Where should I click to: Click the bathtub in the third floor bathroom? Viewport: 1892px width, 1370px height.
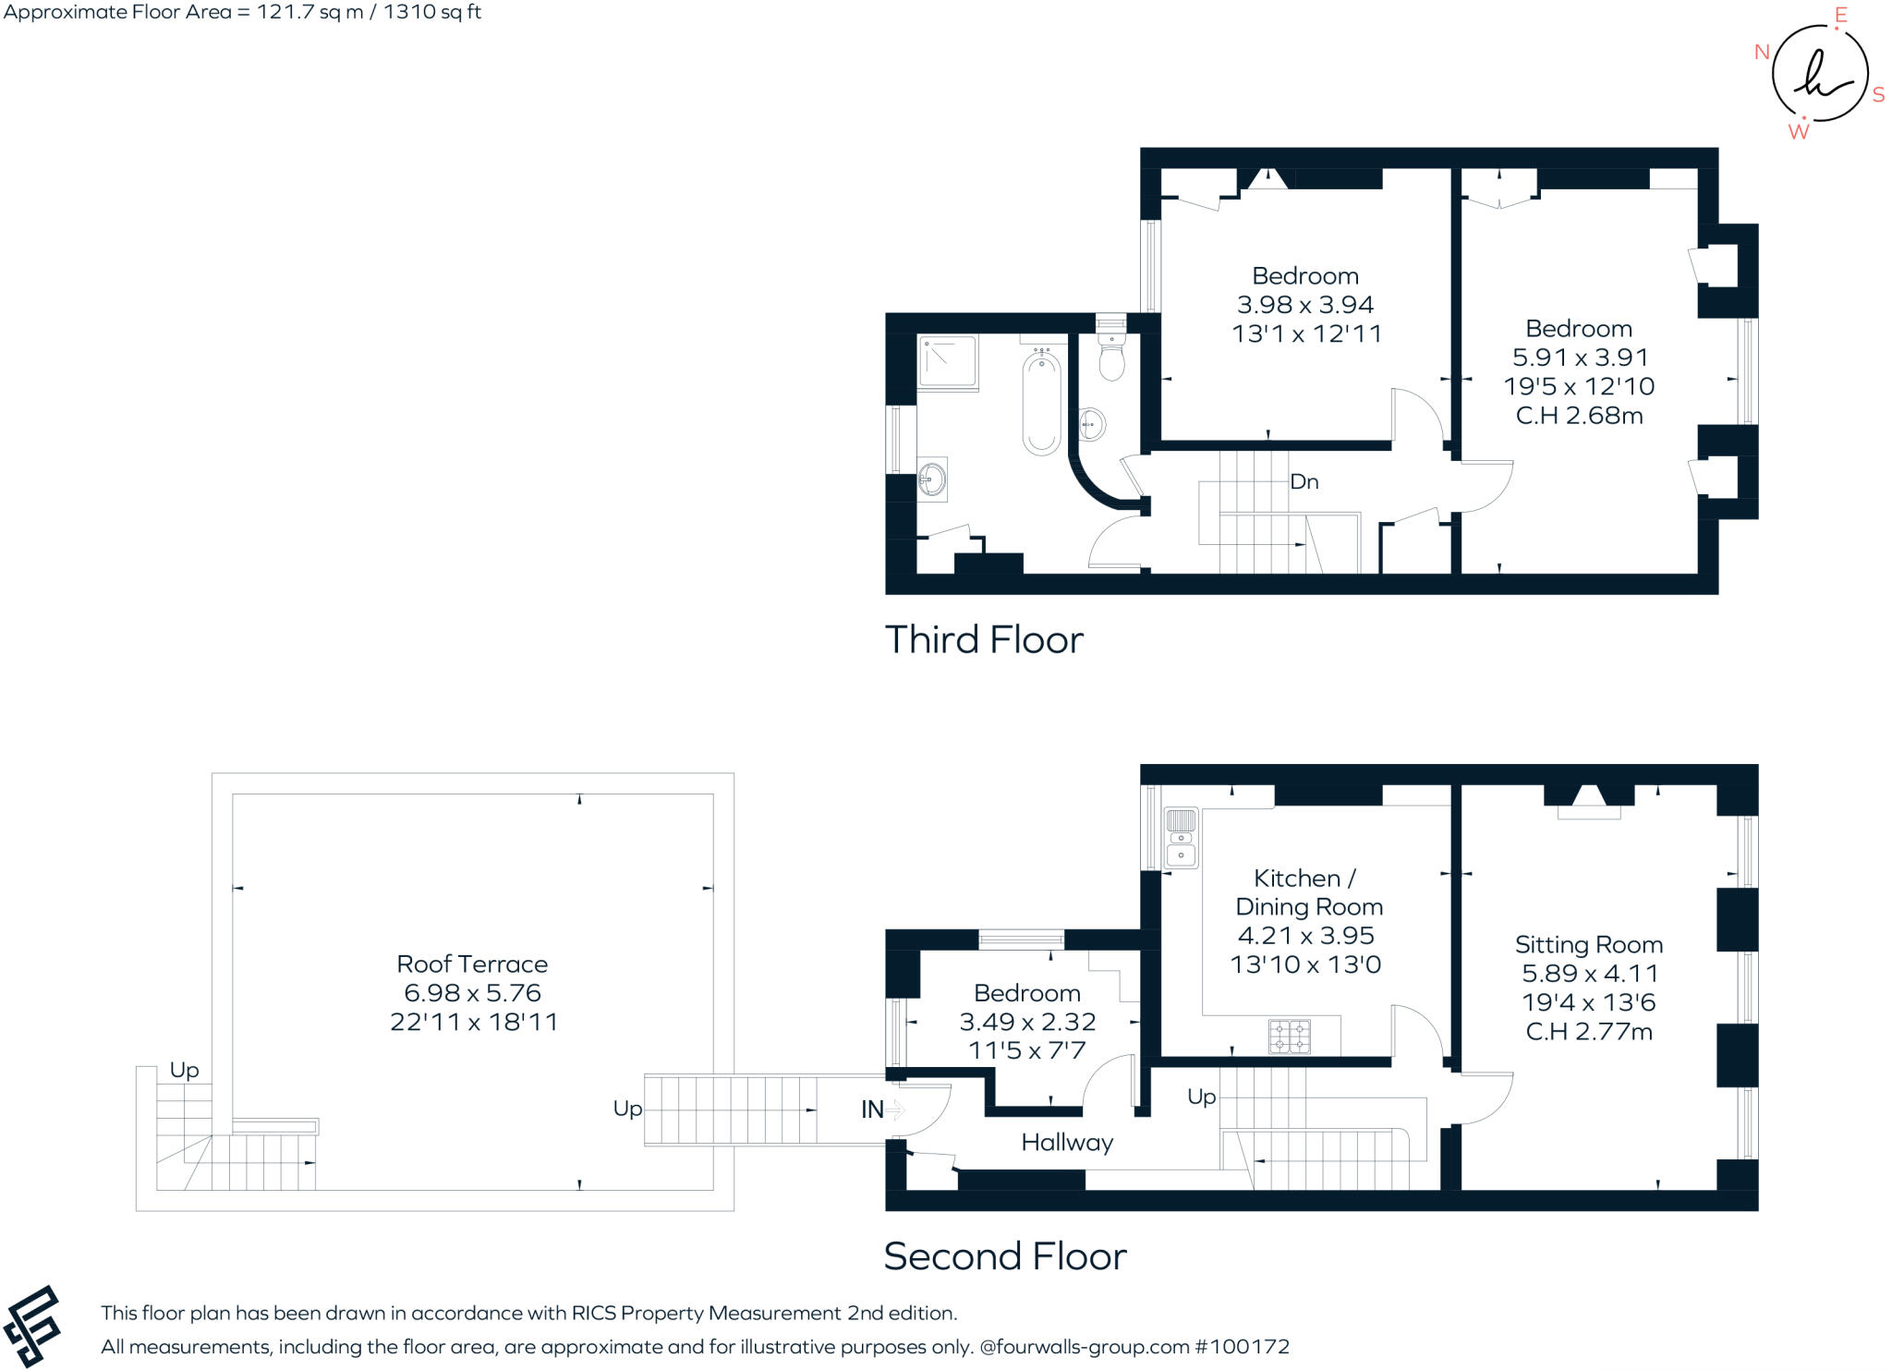click(x=1042, y=404)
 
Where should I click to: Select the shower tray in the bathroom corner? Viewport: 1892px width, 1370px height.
click(x=947, y=362)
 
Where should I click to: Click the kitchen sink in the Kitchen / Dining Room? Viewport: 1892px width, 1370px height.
click(x=1181, y=837)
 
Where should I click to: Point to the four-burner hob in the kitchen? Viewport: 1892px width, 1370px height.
click(x=1289, y=1036)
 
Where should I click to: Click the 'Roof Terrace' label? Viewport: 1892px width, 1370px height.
click(x=472, y=964)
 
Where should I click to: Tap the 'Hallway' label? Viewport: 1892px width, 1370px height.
click(x=1067, y=1143)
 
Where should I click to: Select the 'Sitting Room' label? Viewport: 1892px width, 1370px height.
click(x=1588, y=944)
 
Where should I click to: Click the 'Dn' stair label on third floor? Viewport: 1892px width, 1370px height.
click(x=1304, y=482)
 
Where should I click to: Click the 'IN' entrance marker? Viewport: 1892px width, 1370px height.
click(x=872, y=1109)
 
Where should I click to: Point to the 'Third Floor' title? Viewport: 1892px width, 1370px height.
click(x=984, y=639)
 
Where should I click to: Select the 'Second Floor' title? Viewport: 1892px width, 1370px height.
click(x=1005, y=1256)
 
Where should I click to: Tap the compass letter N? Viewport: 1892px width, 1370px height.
click(x=1762, y=53)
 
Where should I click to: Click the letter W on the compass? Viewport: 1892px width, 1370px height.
click(x=1798, y=132)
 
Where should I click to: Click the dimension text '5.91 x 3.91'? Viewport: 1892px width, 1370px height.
click(x=1580, y=358)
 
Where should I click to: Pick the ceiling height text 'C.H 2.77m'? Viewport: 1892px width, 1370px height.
click(x=1588, y=1032)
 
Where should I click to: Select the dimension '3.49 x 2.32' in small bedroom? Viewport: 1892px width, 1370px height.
click(x=1027, y=1022)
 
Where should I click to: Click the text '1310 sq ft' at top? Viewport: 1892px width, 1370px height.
click(x=432, y=12)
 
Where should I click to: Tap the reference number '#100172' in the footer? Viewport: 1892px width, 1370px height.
click(x=1242, y=1347)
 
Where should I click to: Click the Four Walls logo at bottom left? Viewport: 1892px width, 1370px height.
click(x=31, y=1326)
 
